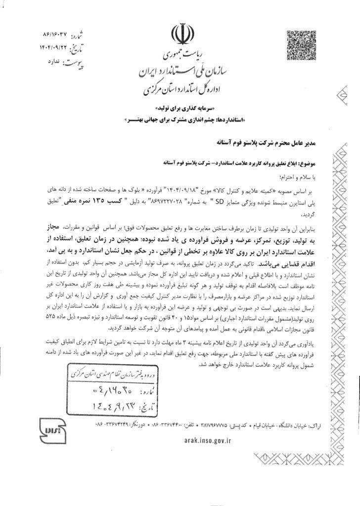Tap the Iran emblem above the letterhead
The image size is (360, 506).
coord(179,35)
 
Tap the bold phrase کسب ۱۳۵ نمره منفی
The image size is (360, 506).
coord(118,202)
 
